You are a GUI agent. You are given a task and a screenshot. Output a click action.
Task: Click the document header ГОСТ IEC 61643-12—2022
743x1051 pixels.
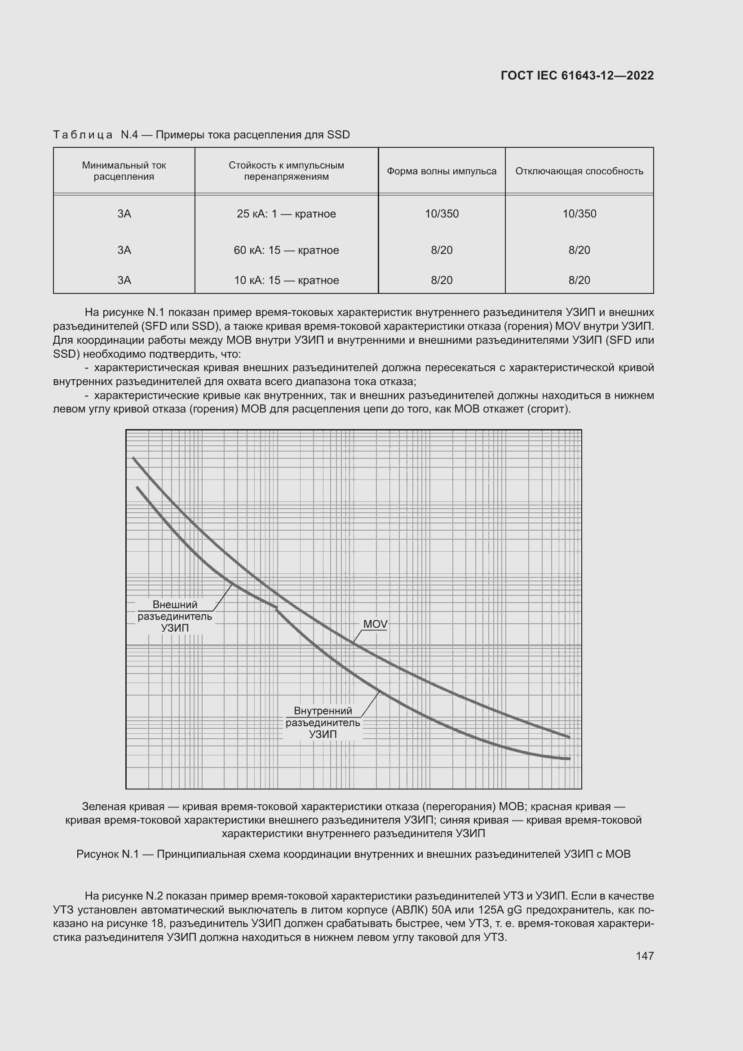click(x=577, y=75)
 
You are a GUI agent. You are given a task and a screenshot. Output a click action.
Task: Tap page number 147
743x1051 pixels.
click(x=645, y=955)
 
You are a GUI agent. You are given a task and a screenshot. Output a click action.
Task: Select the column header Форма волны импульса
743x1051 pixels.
click(x=442, y=171)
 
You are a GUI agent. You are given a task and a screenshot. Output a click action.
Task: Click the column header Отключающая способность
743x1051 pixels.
click(x=579, y=171)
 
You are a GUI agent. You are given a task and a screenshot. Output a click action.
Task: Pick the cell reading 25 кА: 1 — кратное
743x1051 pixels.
click(x=287, y=214)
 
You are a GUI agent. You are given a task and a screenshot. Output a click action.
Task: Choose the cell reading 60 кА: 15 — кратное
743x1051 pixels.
click(x=287, y=250)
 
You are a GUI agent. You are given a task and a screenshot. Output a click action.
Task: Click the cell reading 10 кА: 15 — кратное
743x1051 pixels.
click(x=287, y=280)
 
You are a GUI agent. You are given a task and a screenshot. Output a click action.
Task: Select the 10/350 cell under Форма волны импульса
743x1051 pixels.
click(x=442, y=214)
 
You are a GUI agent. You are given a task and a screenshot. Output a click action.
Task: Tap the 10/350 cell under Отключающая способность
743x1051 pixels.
click(x=579, y=214)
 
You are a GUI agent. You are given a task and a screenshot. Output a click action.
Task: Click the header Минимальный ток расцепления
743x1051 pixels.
click(x=124, y=171)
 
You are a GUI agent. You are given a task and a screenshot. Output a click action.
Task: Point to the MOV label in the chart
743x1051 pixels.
click(x=375, y=624)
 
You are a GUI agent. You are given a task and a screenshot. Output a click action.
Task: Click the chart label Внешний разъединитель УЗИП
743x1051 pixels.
click(x=175, y=616)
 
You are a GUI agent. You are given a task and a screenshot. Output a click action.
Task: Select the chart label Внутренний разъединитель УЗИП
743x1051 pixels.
click(x=323, y=723)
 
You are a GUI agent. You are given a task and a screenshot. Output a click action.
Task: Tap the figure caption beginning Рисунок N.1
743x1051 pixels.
click(x=353, y=854)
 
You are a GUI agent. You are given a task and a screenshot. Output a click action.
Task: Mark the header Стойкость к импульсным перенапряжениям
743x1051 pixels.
click(x=287, y=171)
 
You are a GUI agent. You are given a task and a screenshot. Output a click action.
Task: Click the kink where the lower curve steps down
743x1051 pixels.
click(x=277, y=608)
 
